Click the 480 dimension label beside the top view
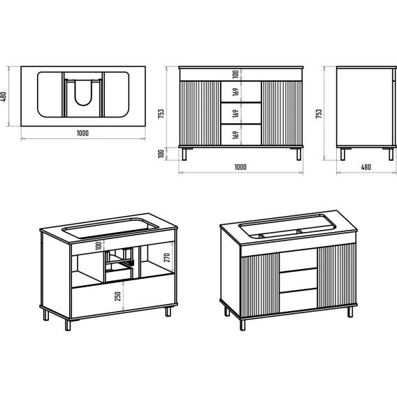coord(3,96)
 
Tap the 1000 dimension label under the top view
coord(82,133)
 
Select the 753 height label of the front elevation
coord(161,114)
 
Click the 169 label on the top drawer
coord(236,92)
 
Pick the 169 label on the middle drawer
coord(236,113)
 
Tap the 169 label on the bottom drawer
coord(236,135)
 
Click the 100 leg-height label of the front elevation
coord(161,154)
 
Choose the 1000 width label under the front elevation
coord(240,167)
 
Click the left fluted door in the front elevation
coord(200,113)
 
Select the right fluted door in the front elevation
coord(282,113)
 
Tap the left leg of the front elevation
coord(185,154)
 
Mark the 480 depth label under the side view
coord(366,167)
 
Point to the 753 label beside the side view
coord(319,114)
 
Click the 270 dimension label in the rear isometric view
coord(167,257)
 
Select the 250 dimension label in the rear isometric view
coord(117,296)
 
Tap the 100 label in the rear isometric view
coord(99,245)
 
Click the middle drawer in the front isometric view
coord(298,280)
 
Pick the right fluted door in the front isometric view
coord(337,276)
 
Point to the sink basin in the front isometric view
coord(287,226)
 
